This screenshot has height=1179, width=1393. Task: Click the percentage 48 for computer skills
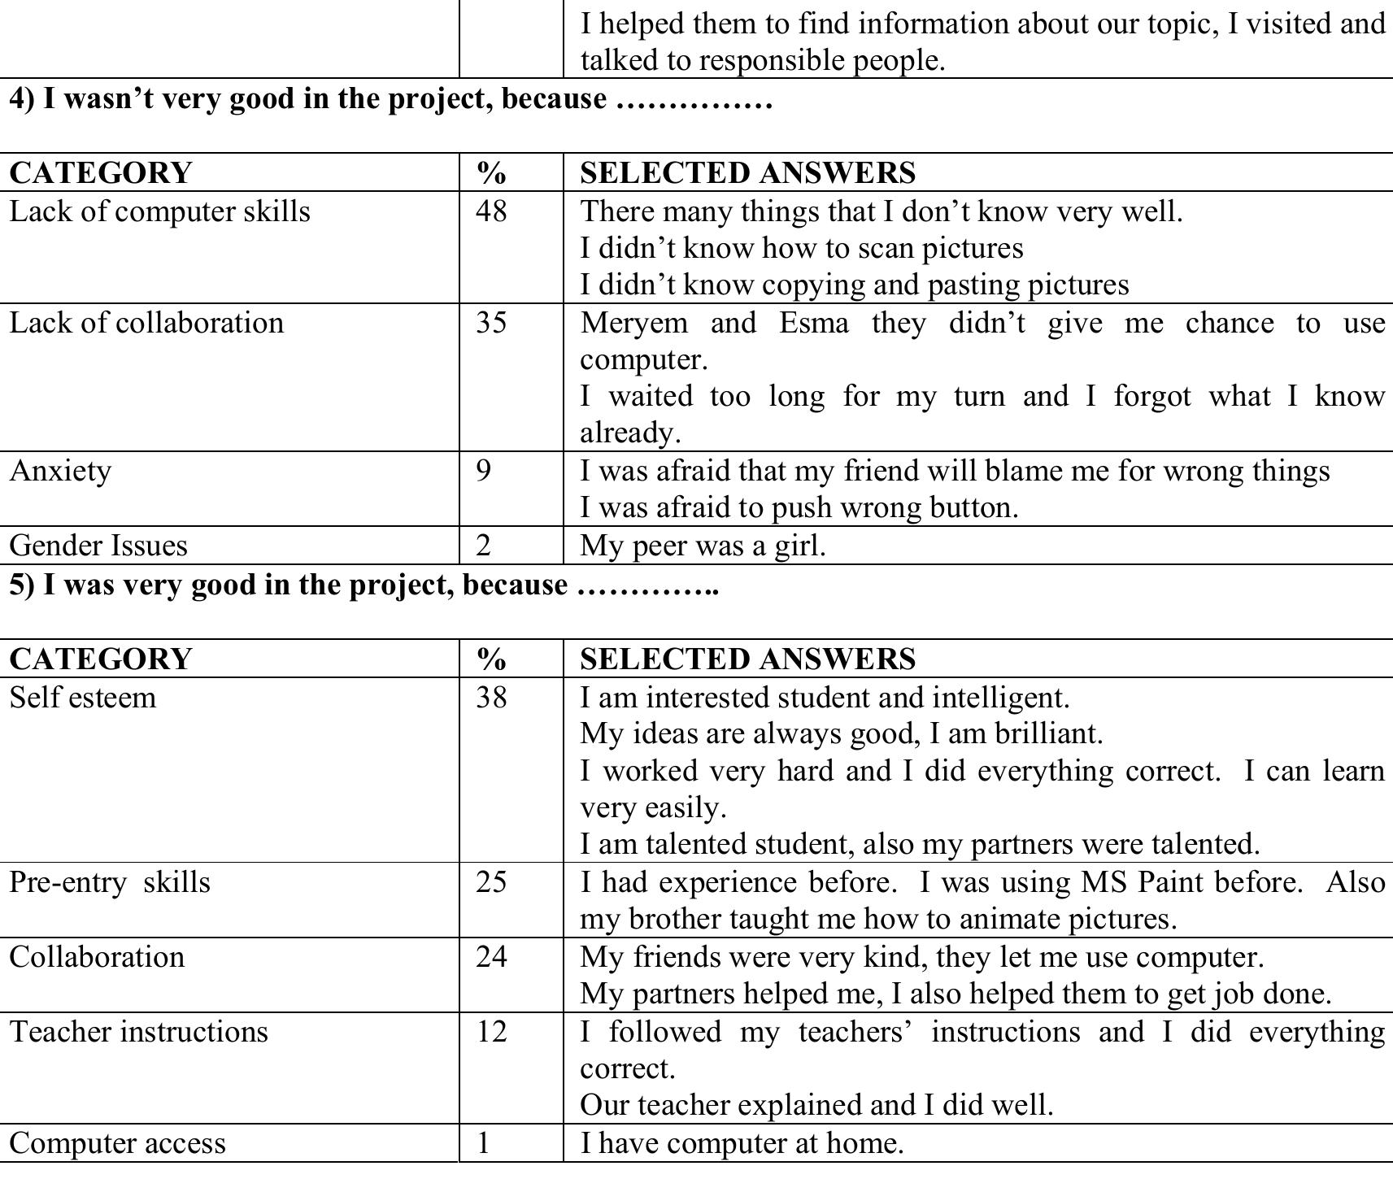tap(491, 211)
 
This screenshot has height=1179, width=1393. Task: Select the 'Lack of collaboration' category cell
tap(146, 323)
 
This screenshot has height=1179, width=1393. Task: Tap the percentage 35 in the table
tap(491, 323)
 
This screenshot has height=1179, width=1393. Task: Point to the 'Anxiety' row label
tap(60, 471)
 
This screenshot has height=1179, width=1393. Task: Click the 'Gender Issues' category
tap(98, 546)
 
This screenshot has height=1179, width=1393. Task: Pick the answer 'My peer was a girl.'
tap(703, 546)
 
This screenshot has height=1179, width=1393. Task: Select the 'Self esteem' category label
tap(82, 698)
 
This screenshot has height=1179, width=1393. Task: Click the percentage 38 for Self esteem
tap(491, 698)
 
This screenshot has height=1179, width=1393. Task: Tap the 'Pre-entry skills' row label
tap(110, 882)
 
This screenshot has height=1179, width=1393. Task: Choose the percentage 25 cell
tap(491, 882)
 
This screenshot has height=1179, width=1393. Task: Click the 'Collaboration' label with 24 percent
tap(97, 957)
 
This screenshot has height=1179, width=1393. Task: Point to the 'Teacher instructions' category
tap(138, 1032)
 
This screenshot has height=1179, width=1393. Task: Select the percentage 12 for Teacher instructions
tap(491, 1032)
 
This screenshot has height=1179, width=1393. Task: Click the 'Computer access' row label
tap(117, 1144)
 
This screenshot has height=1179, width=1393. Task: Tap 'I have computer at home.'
tap(742, 1144)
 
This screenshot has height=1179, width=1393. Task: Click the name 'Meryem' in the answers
tap(633, 323)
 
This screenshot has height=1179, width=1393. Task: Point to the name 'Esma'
tap(813, 323)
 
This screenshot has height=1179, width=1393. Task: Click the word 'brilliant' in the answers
tap(1048, 734)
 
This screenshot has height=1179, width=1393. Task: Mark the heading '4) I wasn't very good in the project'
tap(307, 99)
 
